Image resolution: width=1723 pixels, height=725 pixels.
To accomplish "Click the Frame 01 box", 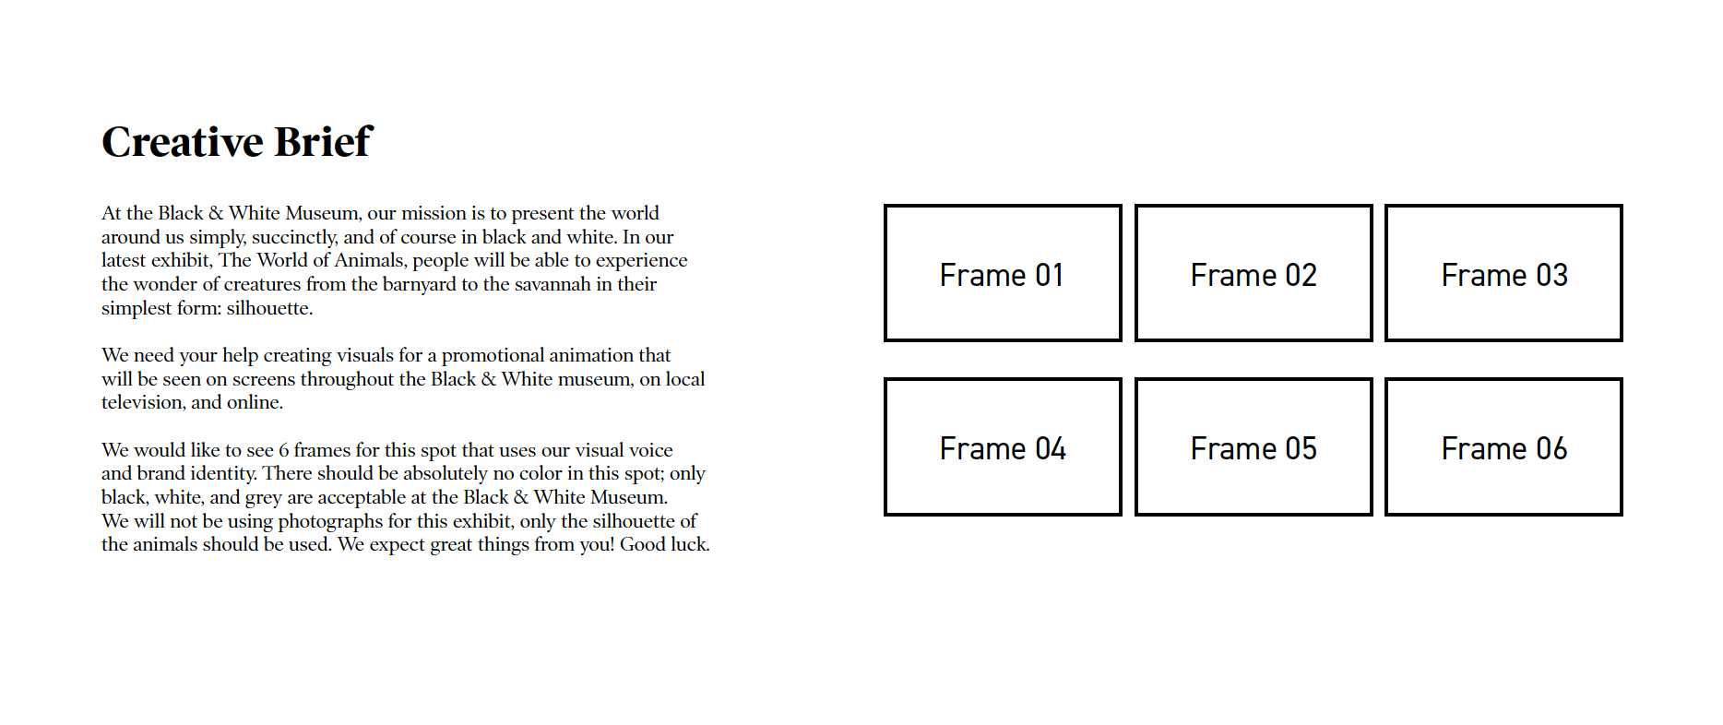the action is tap(1003, 273).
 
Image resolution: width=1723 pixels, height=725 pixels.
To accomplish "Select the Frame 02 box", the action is tap(1254, 273).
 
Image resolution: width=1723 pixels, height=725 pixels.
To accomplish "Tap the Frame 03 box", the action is tap(1503, 273).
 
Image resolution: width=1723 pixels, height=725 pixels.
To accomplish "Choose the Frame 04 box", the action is tap(1003, 446).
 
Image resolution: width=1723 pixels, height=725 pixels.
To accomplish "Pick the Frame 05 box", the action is tap(1254, 446).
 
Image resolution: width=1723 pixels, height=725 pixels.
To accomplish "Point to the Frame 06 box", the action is tap(1503, 446).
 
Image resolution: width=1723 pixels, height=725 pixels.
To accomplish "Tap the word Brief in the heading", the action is tap(323, 142).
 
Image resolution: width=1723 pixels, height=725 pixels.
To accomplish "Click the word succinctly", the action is tap(294, 237).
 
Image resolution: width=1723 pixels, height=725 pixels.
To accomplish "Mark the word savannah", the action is tap(547, 284).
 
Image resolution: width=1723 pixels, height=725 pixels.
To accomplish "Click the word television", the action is tap(143, 402).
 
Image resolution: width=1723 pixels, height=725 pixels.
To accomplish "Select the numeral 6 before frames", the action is tap(284, 450).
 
